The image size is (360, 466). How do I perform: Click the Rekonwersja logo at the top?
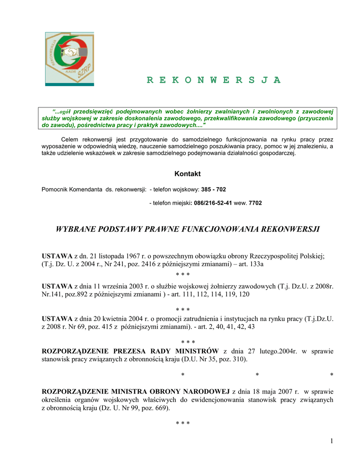click(69, 58)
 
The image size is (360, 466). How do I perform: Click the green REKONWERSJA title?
click(213, 80)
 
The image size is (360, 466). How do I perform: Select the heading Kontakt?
click(187, 174)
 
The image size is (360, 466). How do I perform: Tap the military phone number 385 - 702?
click(213, 189)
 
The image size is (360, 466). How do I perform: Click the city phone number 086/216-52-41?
click(213, 203)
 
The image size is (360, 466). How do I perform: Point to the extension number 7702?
click(255, 203)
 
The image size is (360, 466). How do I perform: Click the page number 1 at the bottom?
click(332, 441)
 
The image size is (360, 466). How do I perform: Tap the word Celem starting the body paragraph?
click(70, 139)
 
